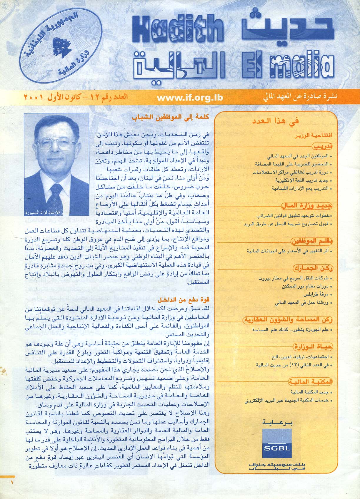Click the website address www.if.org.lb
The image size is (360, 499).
coord(190,98)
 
